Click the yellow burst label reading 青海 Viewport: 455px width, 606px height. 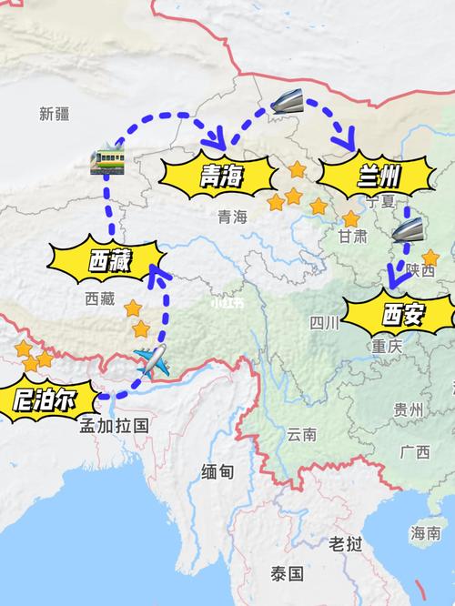[219, 176]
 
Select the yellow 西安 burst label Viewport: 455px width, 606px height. [403, 316]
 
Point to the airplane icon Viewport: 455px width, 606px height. [153, 362]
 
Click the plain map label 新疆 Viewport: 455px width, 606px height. [55, 114]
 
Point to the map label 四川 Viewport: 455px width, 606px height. [323, 322]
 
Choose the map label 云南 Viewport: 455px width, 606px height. [302, 434]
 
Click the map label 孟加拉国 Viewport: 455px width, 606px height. [114, 425]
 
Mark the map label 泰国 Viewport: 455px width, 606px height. [284, 573]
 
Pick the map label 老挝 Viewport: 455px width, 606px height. [346, 543]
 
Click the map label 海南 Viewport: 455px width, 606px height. [425, 532]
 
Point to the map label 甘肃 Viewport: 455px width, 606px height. [352, 237]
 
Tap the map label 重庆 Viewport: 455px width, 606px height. [387, 347]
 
